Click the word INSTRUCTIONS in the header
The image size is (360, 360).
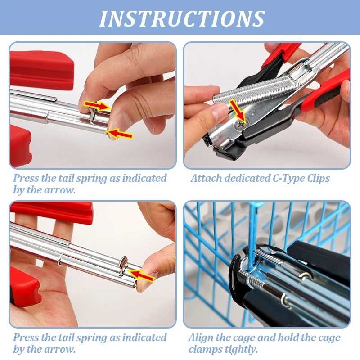[x=182, y=18]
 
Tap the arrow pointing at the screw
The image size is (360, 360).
[x=238, y=110]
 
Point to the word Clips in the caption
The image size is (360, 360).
[x=319, y=179]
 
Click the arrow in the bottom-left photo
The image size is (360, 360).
[x=141, y=275]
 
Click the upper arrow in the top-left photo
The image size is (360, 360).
[x=97, y=106]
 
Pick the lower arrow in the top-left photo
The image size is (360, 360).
[x=119, y=134]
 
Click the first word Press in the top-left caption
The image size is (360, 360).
[x=26, y=178]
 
